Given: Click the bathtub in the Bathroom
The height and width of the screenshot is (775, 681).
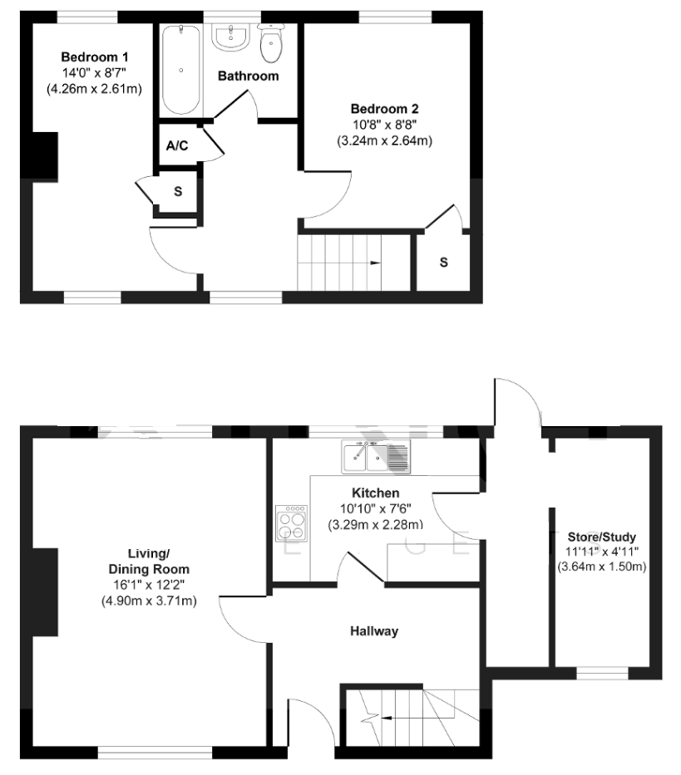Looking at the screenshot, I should click(181, 70).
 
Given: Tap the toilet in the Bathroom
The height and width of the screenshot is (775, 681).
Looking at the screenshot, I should click(271, 44).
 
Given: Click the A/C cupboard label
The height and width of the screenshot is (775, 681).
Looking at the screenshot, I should click(177, 146).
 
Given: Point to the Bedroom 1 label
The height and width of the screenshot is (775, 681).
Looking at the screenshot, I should click(95, 56).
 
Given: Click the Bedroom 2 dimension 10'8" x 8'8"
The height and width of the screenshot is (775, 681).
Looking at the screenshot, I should click(384, 125).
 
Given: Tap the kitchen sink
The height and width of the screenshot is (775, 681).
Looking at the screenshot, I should click(374, 456).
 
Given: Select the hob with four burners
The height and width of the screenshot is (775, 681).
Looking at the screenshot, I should click(291, 523).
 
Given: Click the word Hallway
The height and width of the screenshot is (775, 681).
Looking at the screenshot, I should click(374, 631).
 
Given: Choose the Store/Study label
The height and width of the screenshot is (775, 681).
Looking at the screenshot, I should click(601, 537).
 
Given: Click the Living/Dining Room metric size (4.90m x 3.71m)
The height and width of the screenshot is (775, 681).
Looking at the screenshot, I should click(149, 601).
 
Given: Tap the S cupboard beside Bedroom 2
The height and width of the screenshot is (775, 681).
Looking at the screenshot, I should click(444, 262).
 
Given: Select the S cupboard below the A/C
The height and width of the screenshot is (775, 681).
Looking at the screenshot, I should click(177, 192).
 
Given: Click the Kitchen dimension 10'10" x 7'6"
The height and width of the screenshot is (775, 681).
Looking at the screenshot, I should click(376, 508).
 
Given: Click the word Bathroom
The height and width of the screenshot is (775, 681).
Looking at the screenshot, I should click(248, 76).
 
